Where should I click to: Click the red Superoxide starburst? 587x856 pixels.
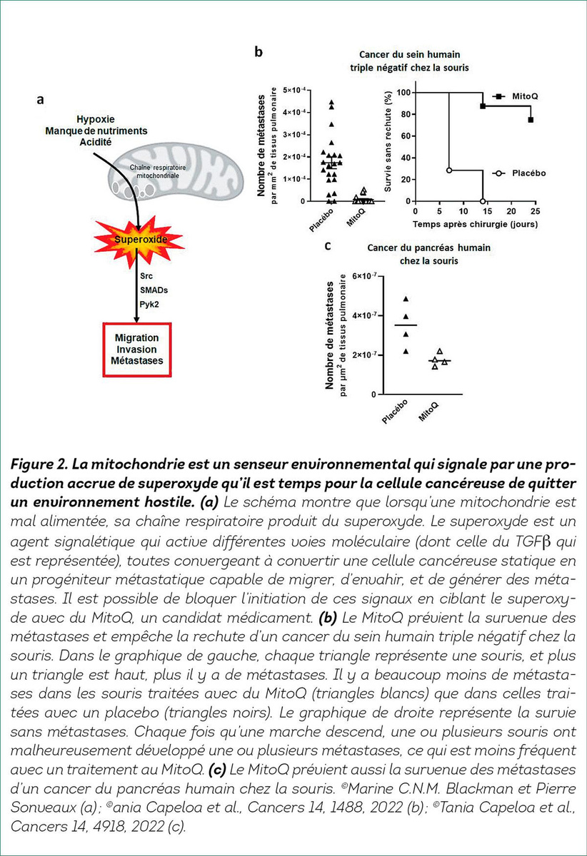tap(139, 240)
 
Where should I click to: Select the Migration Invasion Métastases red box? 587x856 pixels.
tap(136, 350)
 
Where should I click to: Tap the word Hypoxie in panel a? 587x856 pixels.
tap(95, 120)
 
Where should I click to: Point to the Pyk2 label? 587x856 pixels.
tap(149, 305)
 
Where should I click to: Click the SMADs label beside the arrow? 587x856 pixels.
tap(154, 290)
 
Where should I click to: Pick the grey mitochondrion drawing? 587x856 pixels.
tap(176, 171)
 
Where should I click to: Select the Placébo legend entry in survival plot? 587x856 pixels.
tap(519, 173)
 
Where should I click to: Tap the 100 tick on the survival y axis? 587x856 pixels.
tap(403, 93)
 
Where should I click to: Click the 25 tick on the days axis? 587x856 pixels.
tap(536, 211)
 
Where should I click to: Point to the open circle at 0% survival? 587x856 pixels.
tap(483, 201)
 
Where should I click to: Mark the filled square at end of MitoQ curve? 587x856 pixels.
tap(531, 120)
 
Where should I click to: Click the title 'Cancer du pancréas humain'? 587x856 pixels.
tap(428, 248)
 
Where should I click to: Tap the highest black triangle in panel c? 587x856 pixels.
tap(406, 299)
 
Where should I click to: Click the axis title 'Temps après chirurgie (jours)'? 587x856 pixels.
tap(476, 224)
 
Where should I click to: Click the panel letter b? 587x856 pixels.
tap(259, 52)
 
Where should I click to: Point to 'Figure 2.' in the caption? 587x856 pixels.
tap(39, 464)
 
